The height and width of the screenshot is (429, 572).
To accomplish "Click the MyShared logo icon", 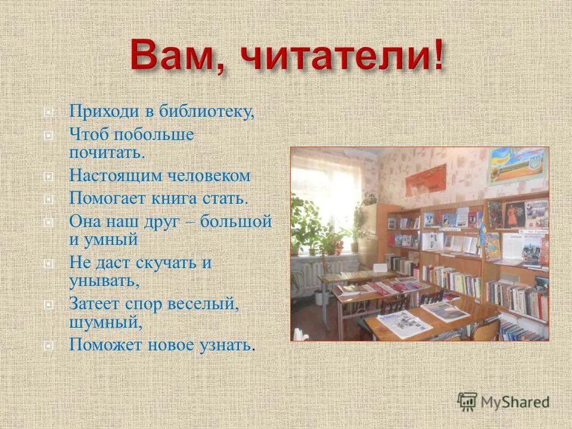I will click(x=467, y=402).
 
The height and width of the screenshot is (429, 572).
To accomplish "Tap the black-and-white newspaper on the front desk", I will click(x=400, y=324).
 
